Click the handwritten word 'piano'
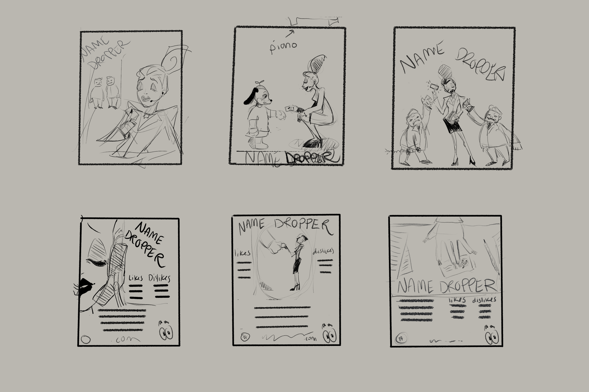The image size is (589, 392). (x=283, y=47)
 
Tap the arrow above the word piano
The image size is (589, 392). (x=290, y=33)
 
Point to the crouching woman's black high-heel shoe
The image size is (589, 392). (x=311, y=144)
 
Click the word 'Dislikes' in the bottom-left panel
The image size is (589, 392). (x=159, y=278)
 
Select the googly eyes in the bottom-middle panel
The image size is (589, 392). (x=329, y=336)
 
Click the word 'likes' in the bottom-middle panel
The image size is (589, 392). (x=242, y=253)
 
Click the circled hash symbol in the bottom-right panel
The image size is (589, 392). (x=401, y=339)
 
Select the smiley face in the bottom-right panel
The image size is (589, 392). (x=465, y=262)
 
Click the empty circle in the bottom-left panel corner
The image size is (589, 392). (x=86, y=340)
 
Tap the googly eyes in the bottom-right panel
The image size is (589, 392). (x=492, y=337)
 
